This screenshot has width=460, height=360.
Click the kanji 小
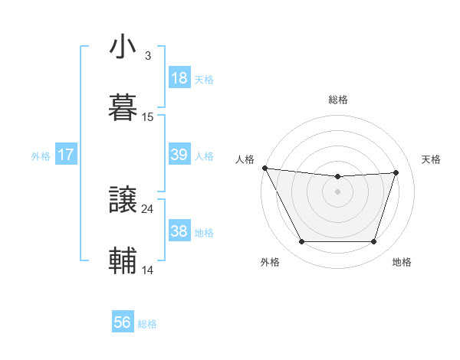coord(123,47)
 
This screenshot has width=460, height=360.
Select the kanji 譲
coord(123,201)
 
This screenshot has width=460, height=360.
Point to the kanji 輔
coord(123,261)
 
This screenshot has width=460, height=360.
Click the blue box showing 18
coord(179,78)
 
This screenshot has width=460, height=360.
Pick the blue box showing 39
coord(179,155)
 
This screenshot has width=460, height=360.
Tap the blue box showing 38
coord(179,231)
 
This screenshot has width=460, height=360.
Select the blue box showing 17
coord(66,155)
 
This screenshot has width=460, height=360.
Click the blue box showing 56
coord(123,322)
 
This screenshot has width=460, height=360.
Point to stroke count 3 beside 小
coord(148,56)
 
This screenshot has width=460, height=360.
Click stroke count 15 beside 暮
coord(148,117)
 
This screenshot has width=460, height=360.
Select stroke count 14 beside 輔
coord(148,270)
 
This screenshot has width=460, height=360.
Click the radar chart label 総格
coord(338,100)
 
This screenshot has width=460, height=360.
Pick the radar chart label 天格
coord(432,159)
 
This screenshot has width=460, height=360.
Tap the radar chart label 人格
coord(245,159)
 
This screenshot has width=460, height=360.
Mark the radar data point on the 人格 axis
coord(264,168)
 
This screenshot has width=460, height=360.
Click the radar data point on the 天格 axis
coord(396,173)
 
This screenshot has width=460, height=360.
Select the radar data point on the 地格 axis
coord(374,242)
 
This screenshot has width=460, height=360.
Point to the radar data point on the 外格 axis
coord(301,242)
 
